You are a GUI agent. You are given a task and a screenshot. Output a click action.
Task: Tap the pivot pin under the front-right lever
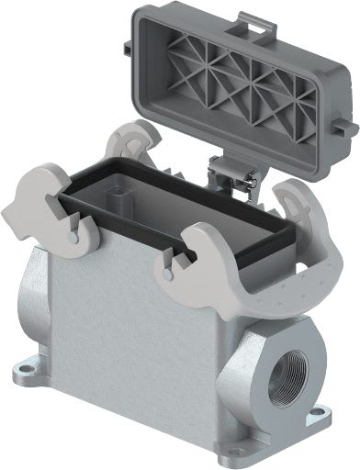(166, 273)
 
